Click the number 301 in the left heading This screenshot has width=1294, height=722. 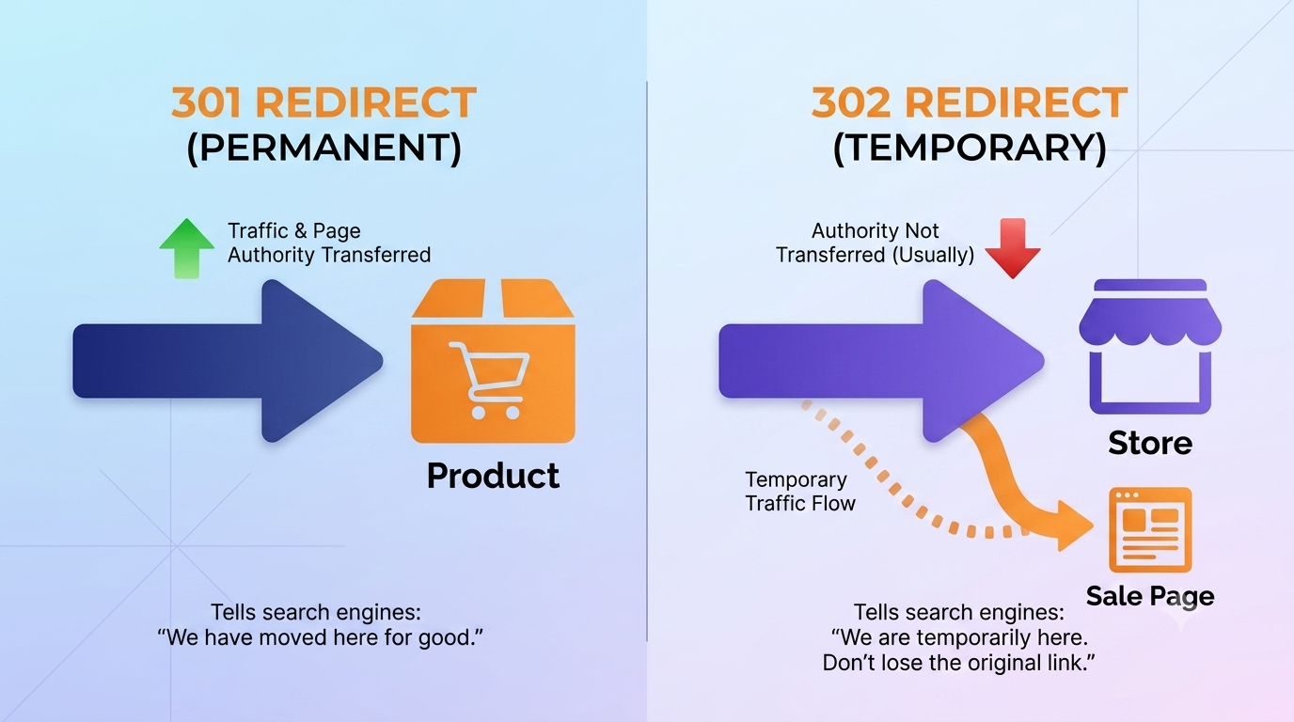click(x=207, y=102)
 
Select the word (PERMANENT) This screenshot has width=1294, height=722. click(x=324, y=148)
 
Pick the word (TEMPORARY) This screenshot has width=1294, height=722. click(x=970, y=148)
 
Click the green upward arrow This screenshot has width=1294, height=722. click(x=186, y=248)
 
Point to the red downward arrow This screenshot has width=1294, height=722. click(x=1013, y=248)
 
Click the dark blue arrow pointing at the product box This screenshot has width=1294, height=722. click(x=228, y=361)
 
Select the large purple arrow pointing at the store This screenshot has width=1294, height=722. click(x=881, y=361)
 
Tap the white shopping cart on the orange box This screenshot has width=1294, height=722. click(x=489, y=380)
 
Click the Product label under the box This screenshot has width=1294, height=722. click(x=493, y=476)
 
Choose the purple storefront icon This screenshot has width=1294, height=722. click(x=1150, y=347)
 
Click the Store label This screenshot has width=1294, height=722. click(x=1150, y=443)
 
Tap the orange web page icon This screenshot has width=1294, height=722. click(x=1150, y=529)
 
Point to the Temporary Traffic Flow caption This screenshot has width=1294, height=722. click(x=800, y=492)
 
